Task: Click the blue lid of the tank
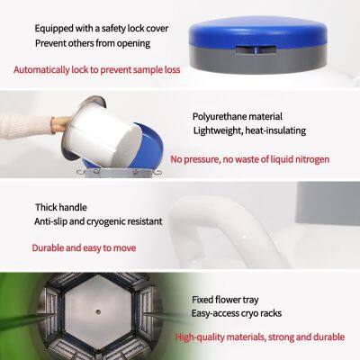point(258,31)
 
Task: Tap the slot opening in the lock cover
point(256,50)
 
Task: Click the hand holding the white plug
point(60,124)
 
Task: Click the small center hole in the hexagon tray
point(98,312)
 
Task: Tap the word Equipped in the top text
point(54,29)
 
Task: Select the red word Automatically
point(41,70)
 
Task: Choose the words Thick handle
point(61,207)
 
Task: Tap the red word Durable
point(48,248)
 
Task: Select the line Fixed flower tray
point(225,300)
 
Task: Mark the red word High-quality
point(200,337)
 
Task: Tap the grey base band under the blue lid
point(258,60)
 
